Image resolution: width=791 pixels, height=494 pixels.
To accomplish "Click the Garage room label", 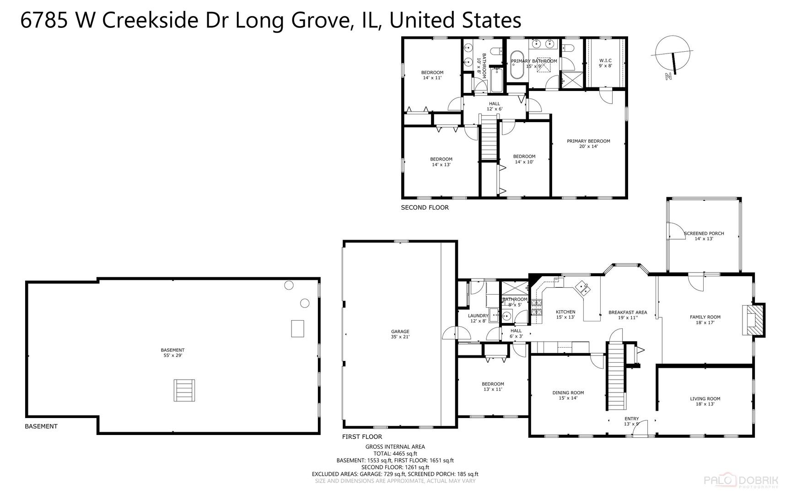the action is tap(400, 334).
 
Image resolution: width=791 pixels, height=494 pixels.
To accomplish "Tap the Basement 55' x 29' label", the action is tap(172, 353).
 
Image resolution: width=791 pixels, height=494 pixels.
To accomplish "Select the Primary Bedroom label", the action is tap(588, 144).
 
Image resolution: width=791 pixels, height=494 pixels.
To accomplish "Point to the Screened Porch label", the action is tap(704, 236).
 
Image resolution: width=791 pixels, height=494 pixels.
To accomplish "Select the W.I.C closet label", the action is tap(605, 63).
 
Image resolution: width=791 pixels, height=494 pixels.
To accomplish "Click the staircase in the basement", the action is tap(184, 390).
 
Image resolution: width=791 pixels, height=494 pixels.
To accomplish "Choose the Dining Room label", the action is tap(568, 395).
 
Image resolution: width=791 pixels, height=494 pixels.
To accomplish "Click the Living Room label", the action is tap(705, 401).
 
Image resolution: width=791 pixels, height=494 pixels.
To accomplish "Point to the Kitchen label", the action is tap(565, 314).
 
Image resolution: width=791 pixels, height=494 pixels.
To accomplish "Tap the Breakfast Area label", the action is tap(628, 315).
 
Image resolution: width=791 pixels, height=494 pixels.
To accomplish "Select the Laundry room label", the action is tap(478, 318).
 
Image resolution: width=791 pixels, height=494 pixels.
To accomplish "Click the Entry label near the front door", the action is tap(631, 421).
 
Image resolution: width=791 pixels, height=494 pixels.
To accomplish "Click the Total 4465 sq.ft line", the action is tap(395, 454).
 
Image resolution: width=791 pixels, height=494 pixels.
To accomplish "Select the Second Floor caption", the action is tap(425, 208).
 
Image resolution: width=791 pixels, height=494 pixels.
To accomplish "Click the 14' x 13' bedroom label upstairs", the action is tap(441, 162).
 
